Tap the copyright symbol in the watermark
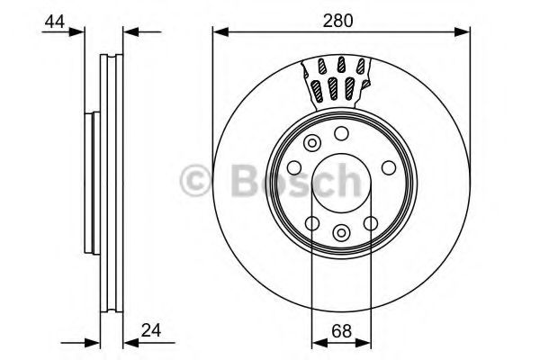coord(196,183)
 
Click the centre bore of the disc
coord(341,184)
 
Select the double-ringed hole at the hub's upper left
coord(312,143)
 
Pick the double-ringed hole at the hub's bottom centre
coord(340,233)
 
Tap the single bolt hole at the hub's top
coord(341,133)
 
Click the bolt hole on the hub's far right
coord(387,167)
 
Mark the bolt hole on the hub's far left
coord(293,167)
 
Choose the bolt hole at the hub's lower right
coord(370,223)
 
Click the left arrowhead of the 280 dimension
coord(219,32)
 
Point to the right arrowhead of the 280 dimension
coord(465,32)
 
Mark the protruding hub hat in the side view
coord(90,184)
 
